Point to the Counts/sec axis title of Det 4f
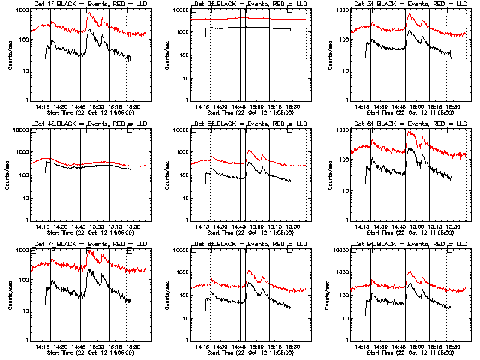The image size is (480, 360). pos(10,175)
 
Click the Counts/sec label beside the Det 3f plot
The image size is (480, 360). pos(331,55)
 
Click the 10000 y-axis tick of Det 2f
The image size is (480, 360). pos(178,10)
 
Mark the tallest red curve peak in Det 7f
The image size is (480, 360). pos(90,252)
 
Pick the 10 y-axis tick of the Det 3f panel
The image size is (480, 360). pos(340,70)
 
